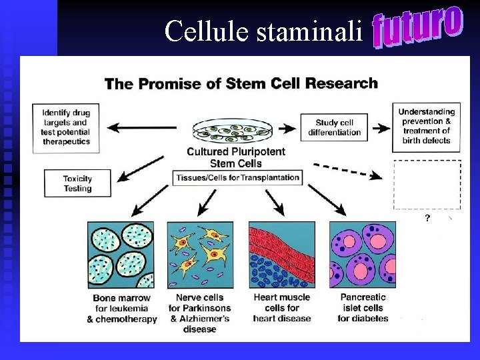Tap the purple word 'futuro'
point(417,27)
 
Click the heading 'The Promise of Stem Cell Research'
point(241,84)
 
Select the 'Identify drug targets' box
point(65,127)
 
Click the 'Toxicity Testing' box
point(77,183)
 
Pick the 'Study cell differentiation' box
point(334,127)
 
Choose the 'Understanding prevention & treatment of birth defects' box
point(427,126)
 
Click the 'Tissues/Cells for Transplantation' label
point(237,178)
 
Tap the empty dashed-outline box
point(427,184)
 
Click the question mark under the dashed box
point(427,218)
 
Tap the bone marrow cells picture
point(121,255)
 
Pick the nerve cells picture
point(200,255)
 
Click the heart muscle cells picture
point(281,255)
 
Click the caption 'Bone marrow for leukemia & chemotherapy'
point(122,308)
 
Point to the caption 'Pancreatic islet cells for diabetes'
point(363,308)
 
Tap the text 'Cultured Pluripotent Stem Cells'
point(236,157)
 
